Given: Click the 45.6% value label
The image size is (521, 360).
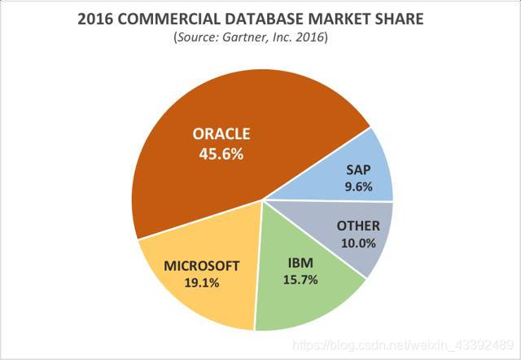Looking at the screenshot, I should point(221,153).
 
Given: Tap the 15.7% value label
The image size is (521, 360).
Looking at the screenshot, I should point(300,280).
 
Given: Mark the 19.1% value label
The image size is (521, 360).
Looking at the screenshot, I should point(203,283).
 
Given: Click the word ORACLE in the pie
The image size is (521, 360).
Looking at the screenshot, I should point(221,134).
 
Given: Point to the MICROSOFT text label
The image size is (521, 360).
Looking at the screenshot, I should point(203,266).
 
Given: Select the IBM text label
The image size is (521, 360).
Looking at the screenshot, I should point(300,263).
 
